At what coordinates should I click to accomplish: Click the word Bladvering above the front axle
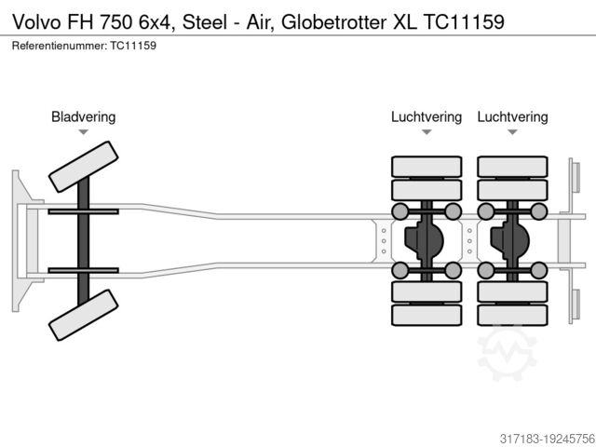click(83, 116)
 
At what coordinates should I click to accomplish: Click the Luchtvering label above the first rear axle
click(427, 116)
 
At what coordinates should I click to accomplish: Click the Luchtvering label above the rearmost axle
click(512, 116)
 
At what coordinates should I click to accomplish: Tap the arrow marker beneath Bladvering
click(83, 132)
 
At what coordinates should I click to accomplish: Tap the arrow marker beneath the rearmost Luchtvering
click(512, 132)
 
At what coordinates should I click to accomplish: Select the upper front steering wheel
click(83, 167)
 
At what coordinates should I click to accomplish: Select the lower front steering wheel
click(83, 315)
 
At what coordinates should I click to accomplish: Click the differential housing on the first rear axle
click(425, 240)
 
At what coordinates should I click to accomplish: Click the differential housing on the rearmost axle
click(510, 240)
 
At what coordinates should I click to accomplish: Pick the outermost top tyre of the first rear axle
click(427, 167)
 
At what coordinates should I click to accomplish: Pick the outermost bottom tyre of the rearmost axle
click(512, 315)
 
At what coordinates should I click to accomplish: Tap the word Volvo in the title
click(36, 21)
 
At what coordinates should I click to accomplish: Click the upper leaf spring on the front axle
click(83, 212)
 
